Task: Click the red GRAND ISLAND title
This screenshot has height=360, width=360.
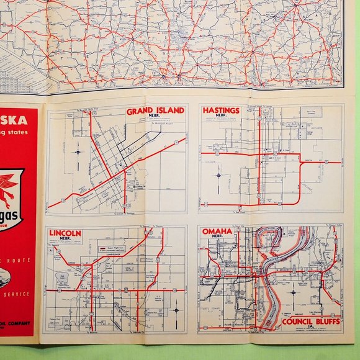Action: pos(155,111)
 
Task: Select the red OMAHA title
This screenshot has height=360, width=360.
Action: pos(217,231)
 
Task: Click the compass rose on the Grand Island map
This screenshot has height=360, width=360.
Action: pos(78,151)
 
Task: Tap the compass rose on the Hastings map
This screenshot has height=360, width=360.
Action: pos(218,175)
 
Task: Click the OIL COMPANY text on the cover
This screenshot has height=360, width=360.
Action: pos(19,323)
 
